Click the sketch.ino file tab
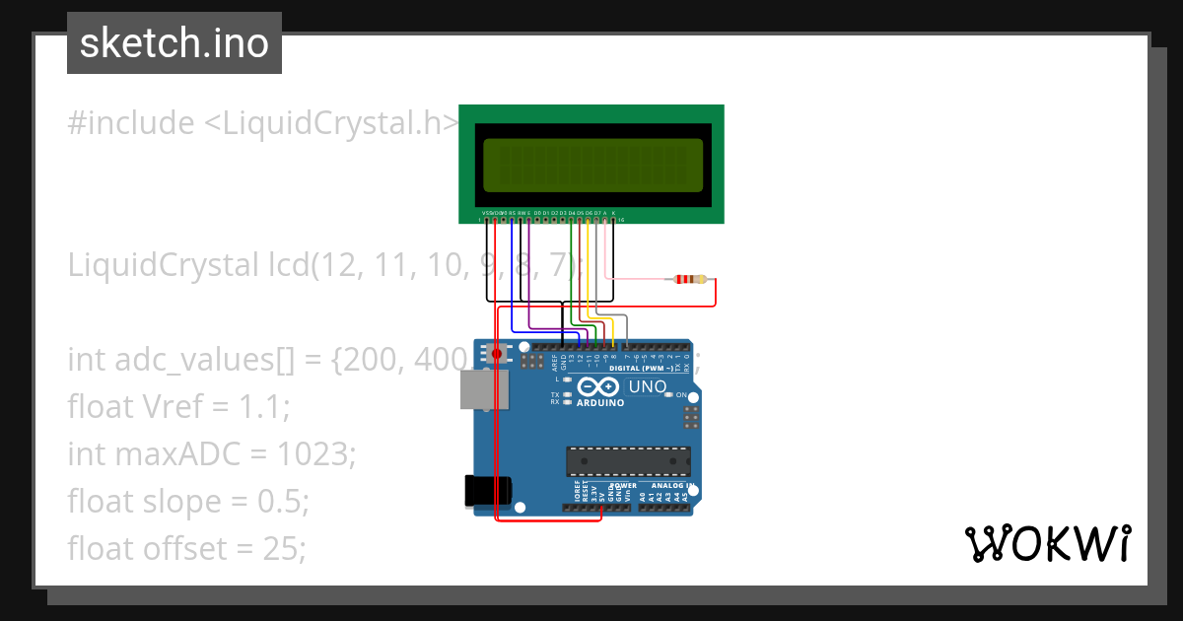[174, 43]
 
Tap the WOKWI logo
[1046, 544]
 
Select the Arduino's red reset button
[497, 353]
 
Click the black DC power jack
[487, 490]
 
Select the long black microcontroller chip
[628, 461]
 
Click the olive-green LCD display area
[592, 165]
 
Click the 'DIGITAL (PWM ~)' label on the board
[642, 368]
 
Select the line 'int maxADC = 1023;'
[211, 453]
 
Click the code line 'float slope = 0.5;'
[188, 501]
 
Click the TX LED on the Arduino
[567, 394]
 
